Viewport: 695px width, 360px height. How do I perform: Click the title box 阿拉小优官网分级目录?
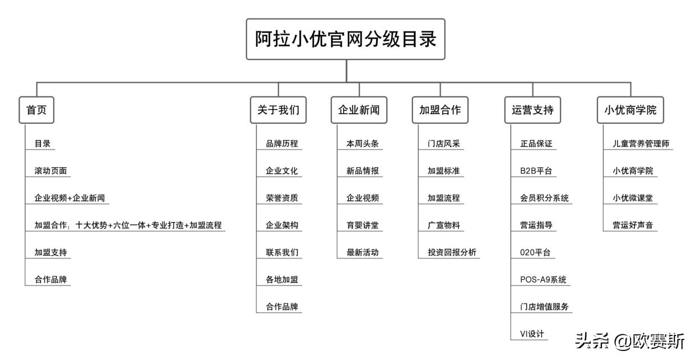click(345, 39)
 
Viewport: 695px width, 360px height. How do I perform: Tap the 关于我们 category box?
click(278, 110)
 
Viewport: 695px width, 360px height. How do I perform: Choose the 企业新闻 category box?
click(359, 110)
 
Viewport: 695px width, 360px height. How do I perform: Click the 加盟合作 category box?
click(440, 110)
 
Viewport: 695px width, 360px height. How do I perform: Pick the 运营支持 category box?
click(532, 110)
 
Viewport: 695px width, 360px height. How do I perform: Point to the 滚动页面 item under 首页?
click(50, 171)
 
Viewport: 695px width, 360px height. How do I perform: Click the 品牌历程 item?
click(282, 144)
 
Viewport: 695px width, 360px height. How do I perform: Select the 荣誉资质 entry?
click(282, 198)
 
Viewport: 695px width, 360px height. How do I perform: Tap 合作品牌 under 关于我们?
click(282, 307)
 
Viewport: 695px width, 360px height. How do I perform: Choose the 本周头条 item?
click(363, 144)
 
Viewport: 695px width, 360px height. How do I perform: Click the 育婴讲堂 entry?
click(363, 225)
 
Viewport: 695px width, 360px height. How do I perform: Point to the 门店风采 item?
click(443, 144)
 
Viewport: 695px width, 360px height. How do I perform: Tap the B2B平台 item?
click(536, 171)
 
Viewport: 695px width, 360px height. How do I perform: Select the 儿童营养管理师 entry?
click(641, 144)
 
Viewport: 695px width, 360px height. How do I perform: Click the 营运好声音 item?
click(633, 225)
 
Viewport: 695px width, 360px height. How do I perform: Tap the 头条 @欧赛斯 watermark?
click(629, 341)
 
